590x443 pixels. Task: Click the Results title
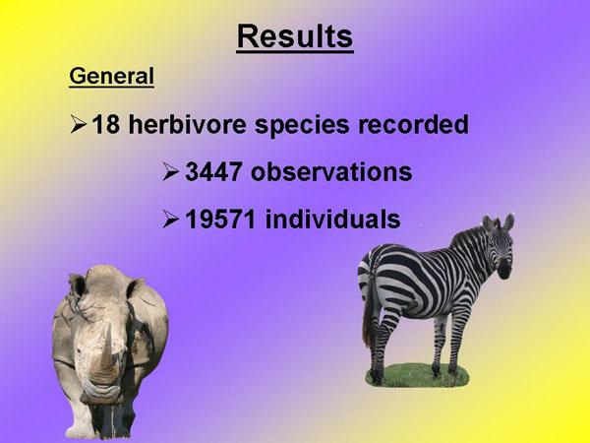coord(295,37)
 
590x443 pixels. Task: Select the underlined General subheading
coord(112,77)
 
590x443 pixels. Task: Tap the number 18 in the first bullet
coord(106,124)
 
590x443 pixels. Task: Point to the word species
coord(302,126)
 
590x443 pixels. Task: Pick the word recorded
coord(413,124)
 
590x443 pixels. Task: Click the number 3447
coord(213,172)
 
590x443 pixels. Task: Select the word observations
coord(331,172)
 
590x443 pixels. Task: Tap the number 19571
coord(220,220)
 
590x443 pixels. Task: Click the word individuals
coord(332,219)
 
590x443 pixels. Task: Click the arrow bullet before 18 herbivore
coord(79,125)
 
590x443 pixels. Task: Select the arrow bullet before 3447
coord(170,172)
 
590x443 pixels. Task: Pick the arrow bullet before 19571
coord(170,220)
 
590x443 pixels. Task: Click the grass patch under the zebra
coord(417,375)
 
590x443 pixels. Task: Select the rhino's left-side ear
coord(77,285)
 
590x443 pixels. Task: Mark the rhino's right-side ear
coord(136,288)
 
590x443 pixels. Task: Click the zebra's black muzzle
coord(503,272)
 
